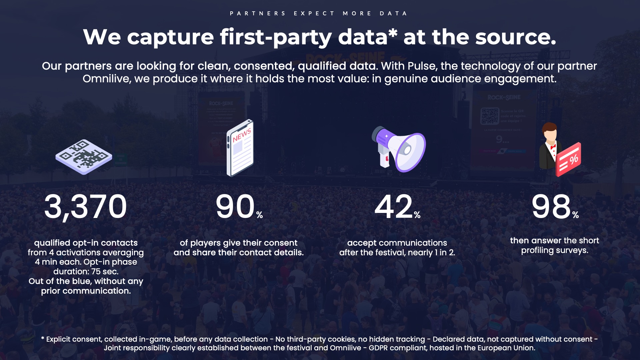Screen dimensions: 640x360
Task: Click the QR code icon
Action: click(x=84, y=157)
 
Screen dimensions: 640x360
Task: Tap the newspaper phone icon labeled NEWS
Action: click(x=240, y=148)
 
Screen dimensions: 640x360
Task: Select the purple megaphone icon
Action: click(x=399, y=149)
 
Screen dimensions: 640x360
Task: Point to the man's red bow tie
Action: click(x=553, y=147)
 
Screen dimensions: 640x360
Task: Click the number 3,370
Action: click(x=86, y=207)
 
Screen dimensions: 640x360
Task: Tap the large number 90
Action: click(x=235, y=207)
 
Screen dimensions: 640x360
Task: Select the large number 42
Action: click(x=394, y=207)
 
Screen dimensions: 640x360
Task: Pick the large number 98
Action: click(x=552, y=207)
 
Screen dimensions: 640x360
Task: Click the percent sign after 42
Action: click(x=417, y=215)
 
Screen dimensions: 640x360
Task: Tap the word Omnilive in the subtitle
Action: click(x=107, y=79)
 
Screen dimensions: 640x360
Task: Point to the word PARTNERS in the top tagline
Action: click(x=258, y=13)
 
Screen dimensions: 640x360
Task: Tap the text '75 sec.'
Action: click(x=105, y=272)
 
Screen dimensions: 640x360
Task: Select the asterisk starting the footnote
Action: click(x=43, y=338)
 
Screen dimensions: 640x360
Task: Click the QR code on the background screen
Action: click(x=490, y=116)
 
